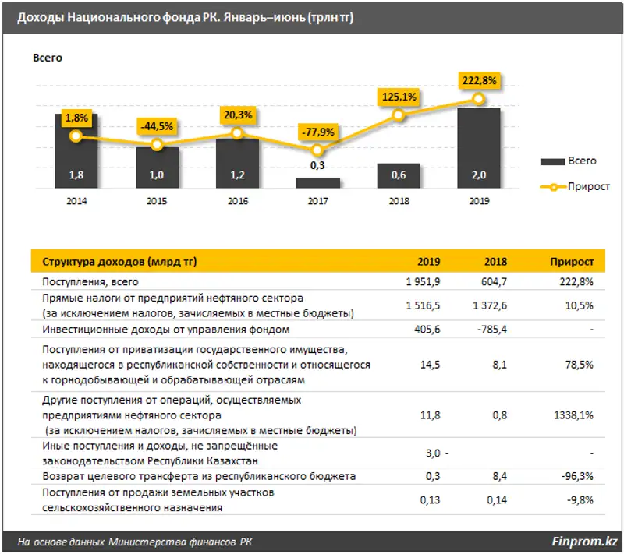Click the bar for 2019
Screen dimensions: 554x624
click(x=478, y=148)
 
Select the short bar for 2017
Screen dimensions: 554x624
click(x=317, y=182)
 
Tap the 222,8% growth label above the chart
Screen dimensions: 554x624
click(x=478, y=80)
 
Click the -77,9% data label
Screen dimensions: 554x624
click(x=317, y=132)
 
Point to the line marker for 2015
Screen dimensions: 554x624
click(x=157, y=145)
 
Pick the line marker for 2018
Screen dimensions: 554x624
click(x=399, y=115)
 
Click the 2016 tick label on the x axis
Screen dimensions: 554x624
click(x=237, y=200)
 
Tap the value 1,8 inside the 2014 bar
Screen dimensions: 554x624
click(x=76, y=175)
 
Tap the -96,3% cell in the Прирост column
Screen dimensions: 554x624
click(x=578, y=476)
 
